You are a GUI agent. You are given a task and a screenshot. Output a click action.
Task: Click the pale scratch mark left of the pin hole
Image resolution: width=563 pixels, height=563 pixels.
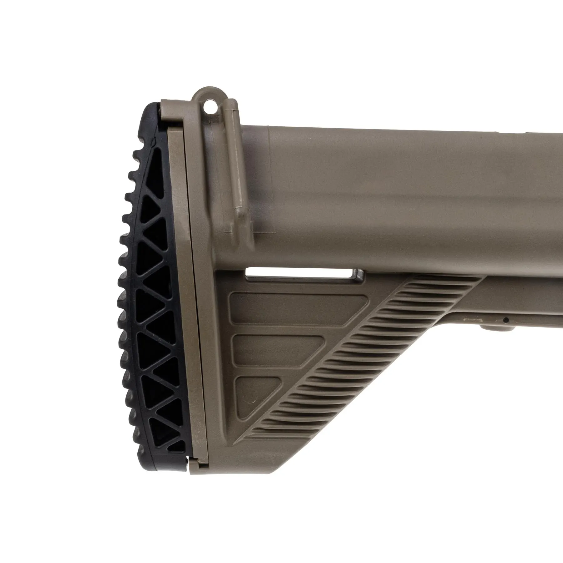point(472,320)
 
